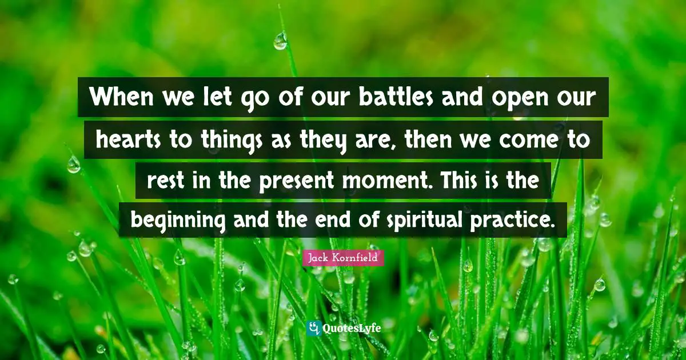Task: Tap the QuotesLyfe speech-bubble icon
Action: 314,328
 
